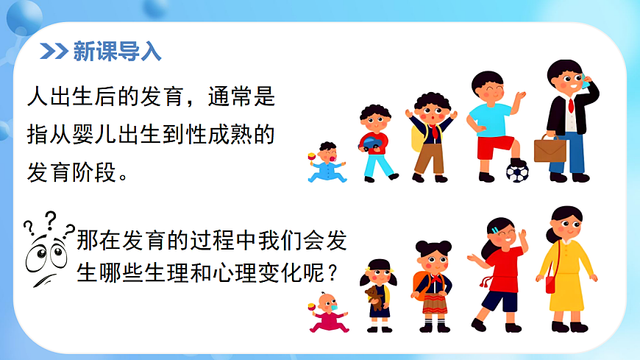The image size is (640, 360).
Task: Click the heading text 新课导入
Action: pos(117,52)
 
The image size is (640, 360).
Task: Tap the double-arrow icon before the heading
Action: pos(53,52)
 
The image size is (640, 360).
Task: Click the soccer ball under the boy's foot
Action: pos(517,173)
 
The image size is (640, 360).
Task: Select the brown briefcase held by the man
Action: pos(550,149)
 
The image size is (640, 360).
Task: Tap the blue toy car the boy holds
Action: pos(372,142)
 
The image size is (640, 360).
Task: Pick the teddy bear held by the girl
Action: pos(373,297)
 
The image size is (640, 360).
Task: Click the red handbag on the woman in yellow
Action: pos(550,283)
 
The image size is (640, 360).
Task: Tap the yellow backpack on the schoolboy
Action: pos(418,135)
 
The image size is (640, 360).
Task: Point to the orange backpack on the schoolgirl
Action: pos(421,285)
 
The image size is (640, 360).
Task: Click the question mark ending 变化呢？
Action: pos(332,273)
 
